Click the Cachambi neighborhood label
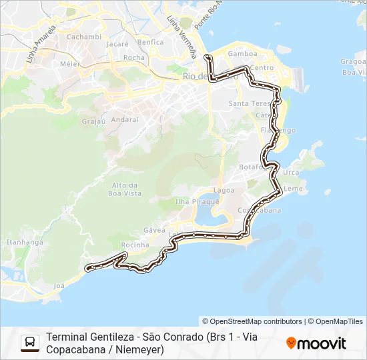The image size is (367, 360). pyautogui.click(x=83, y=37)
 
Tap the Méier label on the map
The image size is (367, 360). pyautogui.click(x=70, y=64)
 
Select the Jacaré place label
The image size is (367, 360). pyautogui.click(x=117, y=44)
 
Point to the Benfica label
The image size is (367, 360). pyautogui.click(x=150, y=42)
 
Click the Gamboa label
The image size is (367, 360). pyautogui.click(x=242, y=54)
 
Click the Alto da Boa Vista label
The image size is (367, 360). pyautogui.click(x=125, y=189)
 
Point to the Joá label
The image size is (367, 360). pyautogui.click(x=59, y=286)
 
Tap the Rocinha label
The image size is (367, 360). pyautogui.click(x=134, y=245)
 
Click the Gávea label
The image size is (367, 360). pyautogui.click(x=154, y=230)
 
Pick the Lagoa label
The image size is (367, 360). pyautogui.click(x=224, y=190)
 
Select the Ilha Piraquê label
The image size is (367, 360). pyautogui.click(x=197, y=201)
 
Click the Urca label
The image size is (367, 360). pyautogui.click(x=291, y=172)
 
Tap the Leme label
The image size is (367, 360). pyautogui.click(x=293, y=189)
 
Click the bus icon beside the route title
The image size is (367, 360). pyautogui.click(x=30, y=343)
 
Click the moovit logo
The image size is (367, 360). pyautogui.click(x=316, y=343)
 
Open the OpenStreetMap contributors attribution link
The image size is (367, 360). pyautogui.click(x=252, y=321)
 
